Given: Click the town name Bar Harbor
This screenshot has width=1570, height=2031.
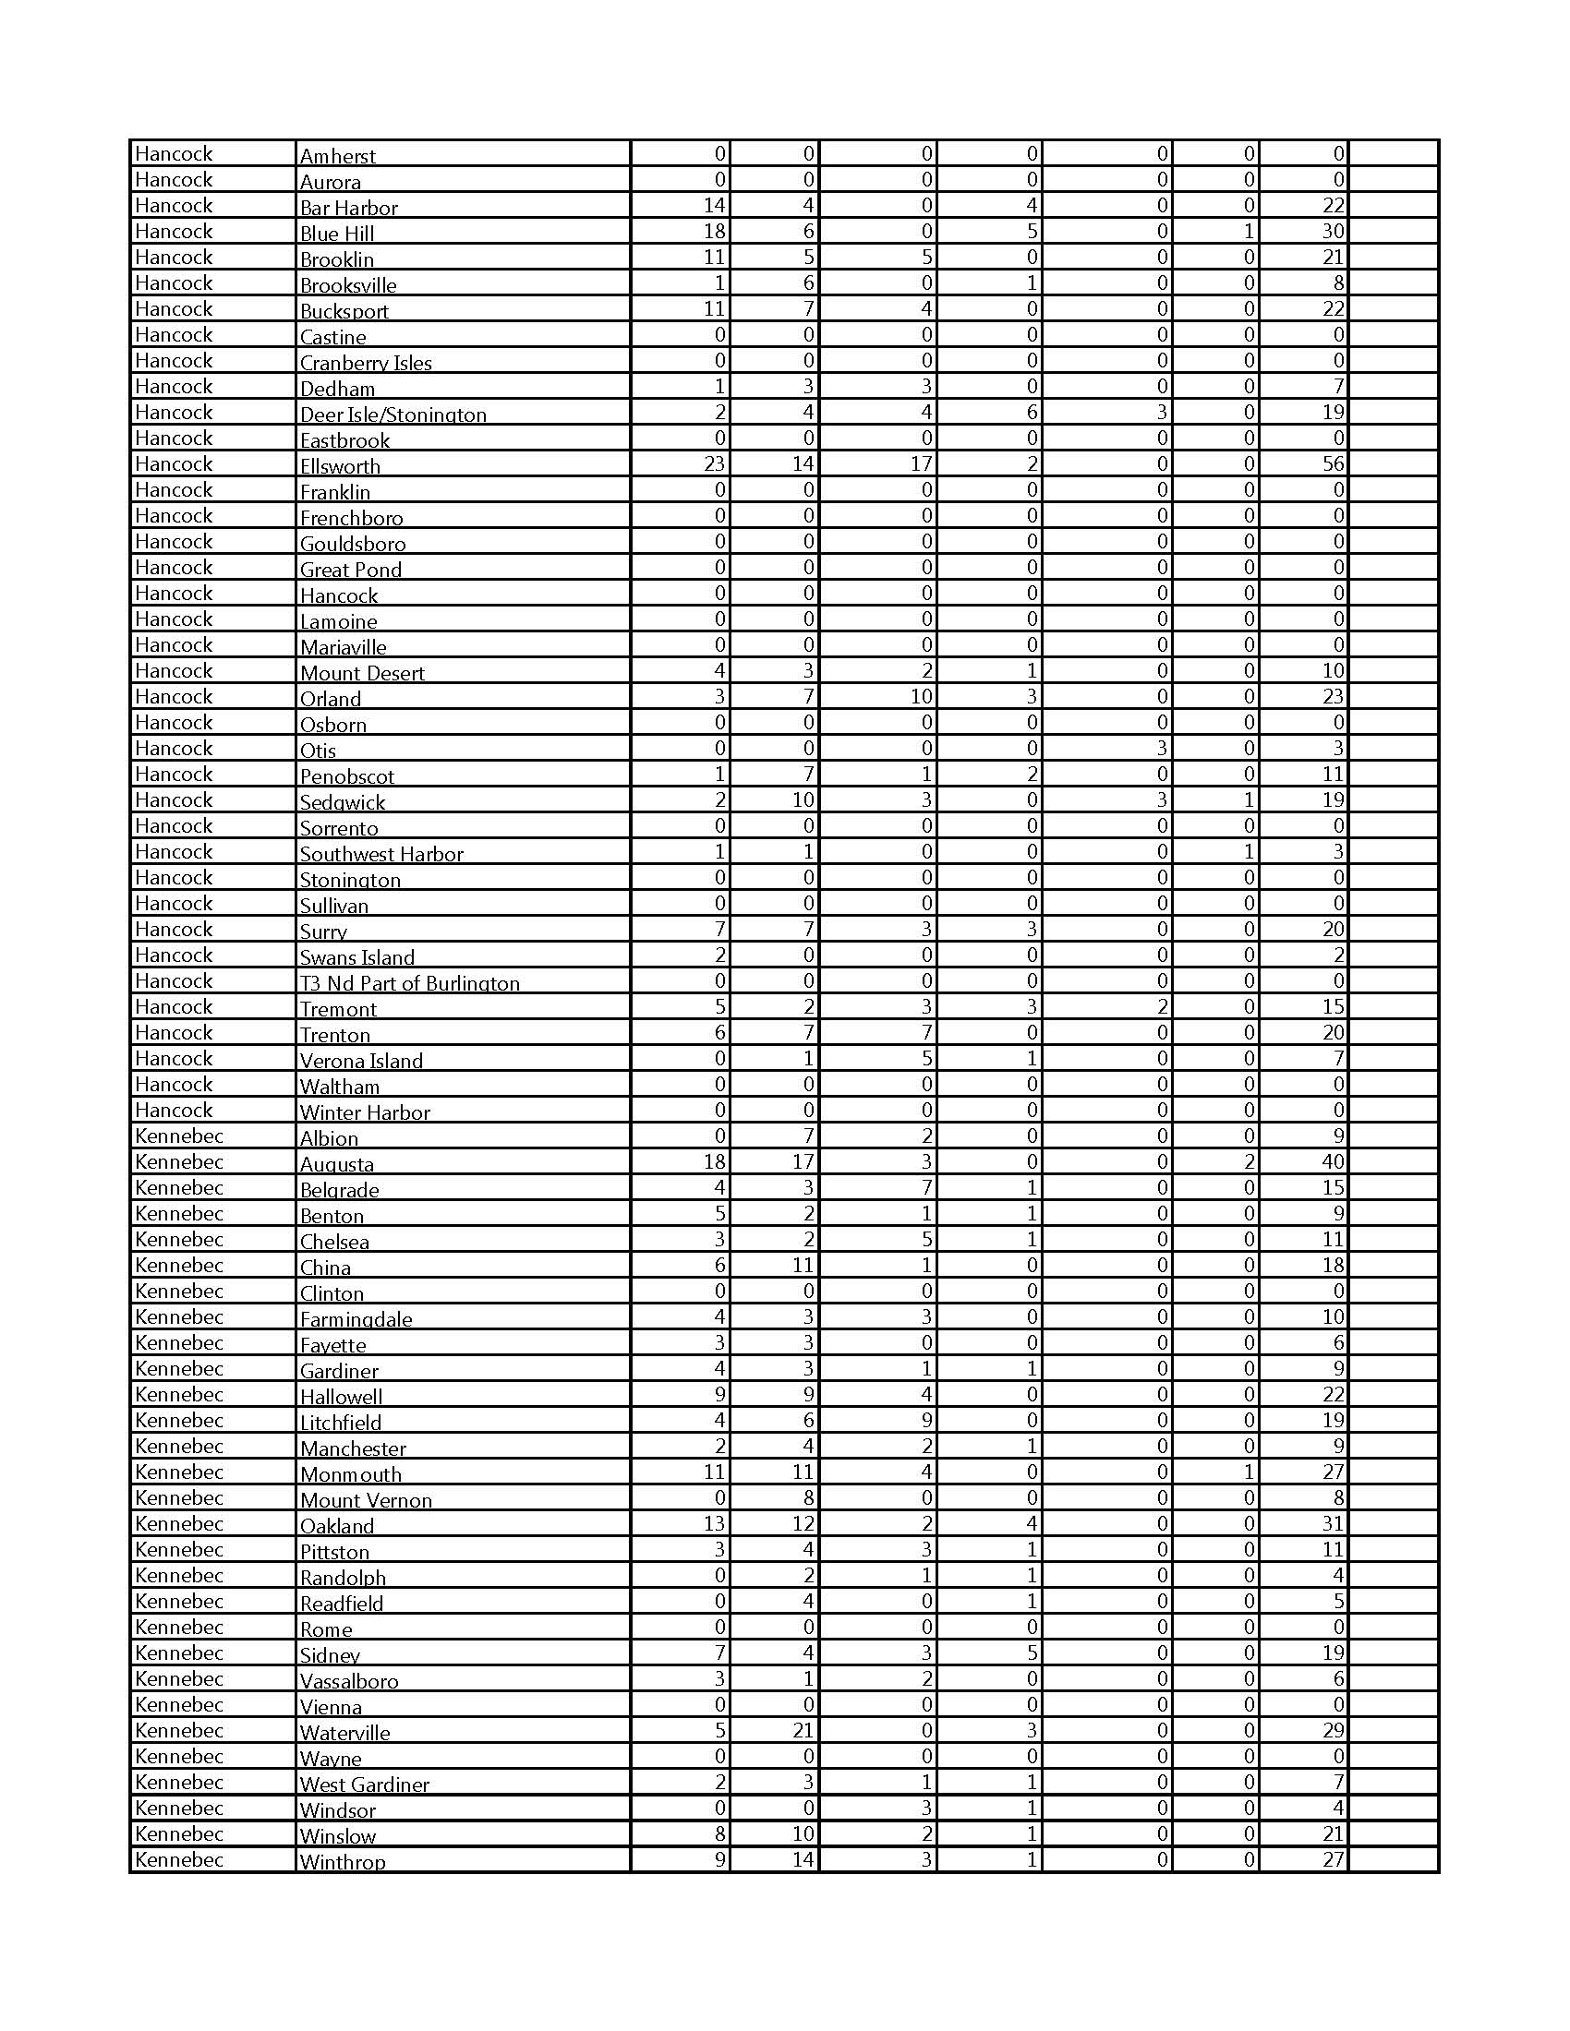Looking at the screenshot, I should (x=348, y=208).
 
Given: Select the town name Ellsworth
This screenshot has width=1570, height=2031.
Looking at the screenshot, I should (x=340, y=466).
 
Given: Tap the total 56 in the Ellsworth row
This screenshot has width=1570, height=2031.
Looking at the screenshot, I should (x=1333, y=464).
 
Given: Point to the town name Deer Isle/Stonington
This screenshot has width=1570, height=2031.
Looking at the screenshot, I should (x=392, y=415).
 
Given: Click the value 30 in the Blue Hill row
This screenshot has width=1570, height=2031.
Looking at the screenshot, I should (x=1333, y=232).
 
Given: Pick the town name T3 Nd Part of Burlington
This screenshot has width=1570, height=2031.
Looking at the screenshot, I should (x=409, y=983).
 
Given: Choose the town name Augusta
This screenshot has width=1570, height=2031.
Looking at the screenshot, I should (x=337, y=1164).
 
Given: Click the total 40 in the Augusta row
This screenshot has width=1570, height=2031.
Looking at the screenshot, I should (x=1333, y=1161).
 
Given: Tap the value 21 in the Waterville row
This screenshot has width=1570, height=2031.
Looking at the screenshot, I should (x=803, y=1731).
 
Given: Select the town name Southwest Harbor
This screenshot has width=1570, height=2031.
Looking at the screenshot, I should (x=381, y=854).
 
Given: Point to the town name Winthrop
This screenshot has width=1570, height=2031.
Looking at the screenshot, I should (x=343, y=1862).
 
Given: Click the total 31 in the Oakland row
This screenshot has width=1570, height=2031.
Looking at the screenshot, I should (x=1333, y=1523).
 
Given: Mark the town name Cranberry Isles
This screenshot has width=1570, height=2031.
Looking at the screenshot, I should (x=366, y=363).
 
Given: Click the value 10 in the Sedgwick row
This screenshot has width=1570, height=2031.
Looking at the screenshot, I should (x=803, y=799).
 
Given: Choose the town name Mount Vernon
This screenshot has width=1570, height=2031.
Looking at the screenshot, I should (x=366, y=1500).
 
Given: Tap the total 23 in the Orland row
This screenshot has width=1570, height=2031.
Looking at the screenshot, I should (x=1333, y=696).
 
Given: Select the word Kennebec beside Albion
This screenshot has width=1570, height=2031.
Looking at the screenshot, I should (x=179, y=1136).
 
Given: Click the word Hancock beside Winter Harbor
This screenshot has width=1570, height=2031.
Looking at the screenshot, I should (x=174, y=1110).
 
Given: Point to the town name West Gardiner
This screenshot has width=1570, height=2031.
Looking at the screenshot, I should (x=365, y=1785).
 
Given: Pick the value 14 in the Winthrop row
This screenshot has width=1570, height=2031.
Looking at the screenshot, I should (x=803, y=1859).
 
